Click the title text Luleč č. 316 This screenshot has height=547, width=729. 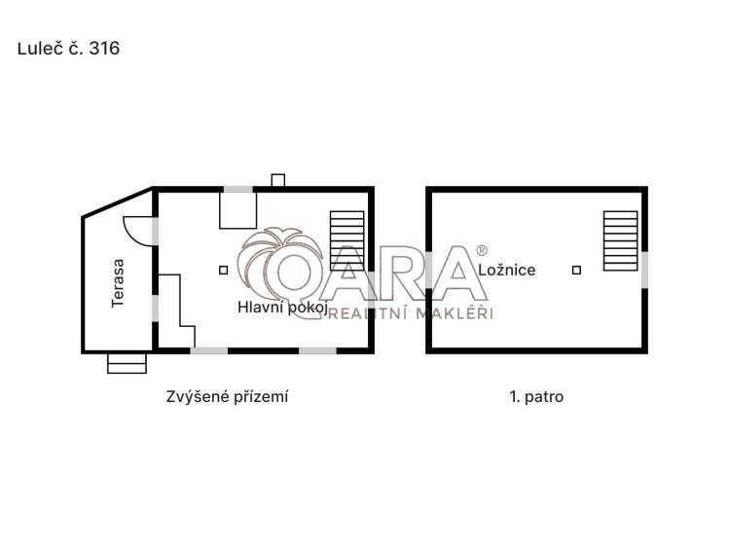pos(68,49)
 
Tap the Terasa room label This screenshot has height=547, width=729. pos(118,283)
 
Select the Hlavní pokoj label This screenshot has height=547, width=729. pos(282,308)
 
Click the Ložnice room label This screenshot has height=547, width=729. pos(507,270)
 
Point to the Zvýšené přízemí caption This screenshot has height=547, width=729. pos(227,397)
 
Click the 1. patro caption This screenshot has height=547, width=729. pos(536,397)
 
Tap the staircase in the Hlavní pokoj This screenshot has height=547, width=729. pos(347,240)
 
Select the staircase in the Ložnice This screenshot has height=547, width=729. pos(621,240)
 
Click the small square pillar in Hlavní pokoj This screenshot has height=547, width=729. pos(224,270)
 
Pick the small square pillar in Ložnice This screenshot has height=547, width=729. pos(576,270)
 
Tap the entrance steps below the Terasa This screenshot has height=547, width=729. pos(127,363)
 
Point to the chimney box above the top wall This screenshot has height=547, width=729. pos(278,180)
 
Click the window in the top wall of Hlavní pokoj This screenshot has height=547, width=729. pos(238,190)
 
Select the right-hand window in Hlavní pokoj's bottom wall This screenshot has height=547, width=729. pos(317,350)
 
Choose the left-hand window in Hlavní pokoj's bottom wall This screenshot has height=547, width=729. pos(209,350)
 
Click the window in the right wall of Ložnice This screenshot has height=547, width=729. pos(645,270)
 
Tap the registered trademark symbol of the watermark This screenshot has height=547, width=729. pos(482,250)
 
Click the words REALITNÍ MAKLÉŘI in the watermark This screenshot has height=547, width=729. pos(410,313)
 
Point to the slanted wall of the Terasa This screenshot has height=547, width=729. pos(118,202)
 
